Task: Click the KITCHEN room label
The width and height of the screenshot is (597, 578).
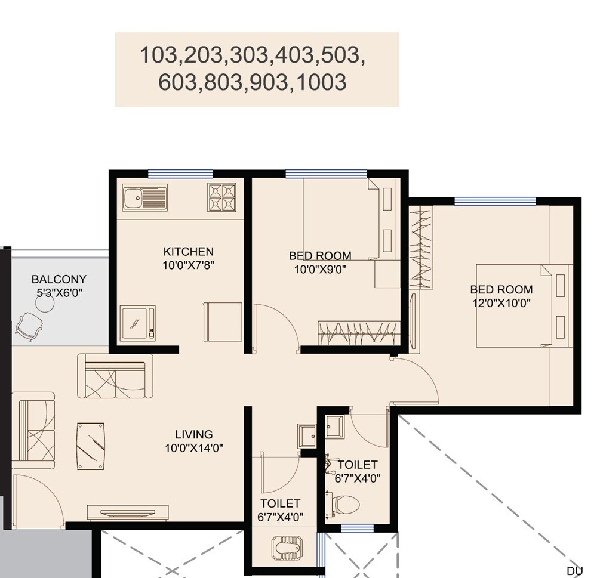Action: coord(188,251)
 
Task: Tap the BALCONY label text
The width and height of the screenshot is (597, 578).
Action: coord(59,279)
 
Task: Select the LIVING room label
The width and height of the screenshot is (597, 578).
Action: coord(193,434)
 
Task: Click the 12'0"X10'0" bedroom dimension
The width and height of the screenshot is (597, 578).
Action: coord(501,302)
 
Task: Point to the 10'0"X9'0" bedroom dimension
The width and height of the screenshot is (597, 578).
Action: coord(320,269)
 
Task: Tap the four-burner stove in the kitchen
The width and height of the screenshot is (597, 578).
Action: coord(223,197)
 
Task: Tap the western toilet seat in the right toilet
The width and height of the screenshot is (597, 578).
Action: coord(346,505)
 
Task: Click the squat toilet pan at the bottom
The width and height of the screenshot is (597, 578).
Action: coord(287,546)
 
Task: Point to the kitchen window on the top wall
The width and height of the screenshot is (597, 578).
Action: coord(180,174)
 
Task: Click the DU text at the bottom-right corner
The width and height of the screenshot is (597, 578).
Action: coord(574,571)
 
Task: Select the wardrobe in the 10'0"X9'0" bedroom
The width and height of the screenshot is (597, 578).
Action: coord(358,331)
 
